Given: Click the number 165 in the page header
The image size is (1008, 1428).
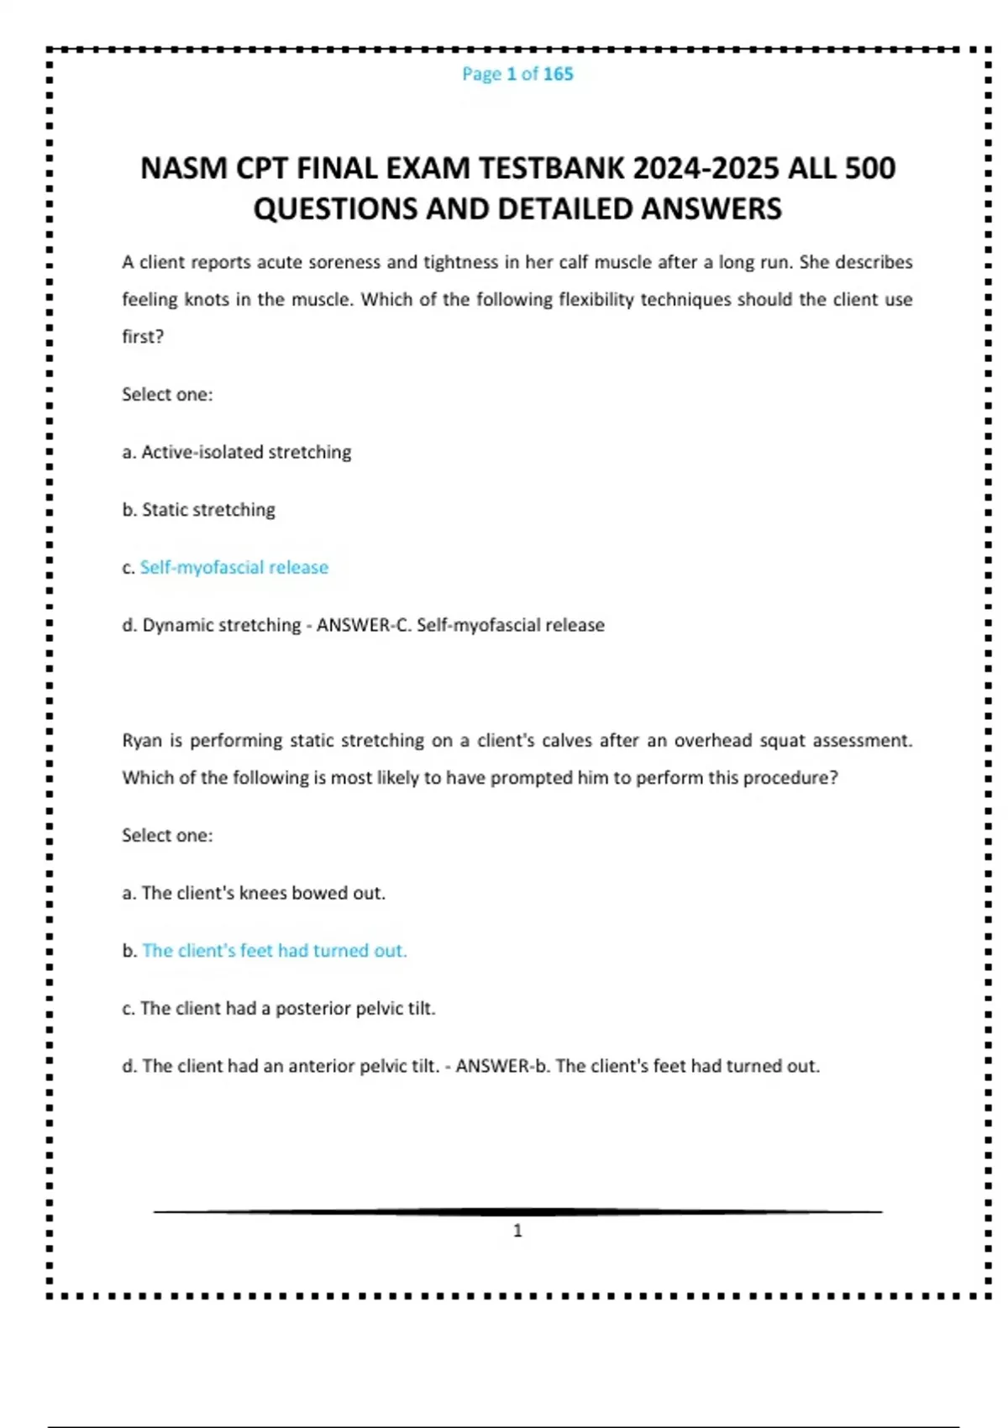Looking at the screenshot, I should [558, 74].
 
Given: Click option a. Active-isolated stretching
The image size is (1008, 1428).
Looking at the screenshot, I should [237, 452].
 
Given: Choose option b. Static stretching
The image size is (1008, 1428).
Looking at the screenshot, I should [199, 510].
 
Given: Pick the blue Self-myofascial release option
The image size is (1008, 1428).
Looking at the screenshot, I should [234, 568].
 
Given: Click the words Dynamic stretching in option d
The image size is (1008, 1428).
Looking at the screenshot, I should [221, 625].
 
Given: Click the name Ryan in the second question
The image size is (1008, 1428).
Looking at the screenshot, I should [142, 741].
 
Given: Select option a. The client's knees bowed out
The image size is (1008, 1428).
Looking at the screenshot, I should [254, 893].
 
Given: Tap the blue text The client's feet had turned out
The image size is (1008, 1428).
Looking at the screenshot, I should [274, 951].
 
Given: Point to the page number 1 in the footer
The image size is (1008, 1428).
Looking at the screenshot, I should [517, 1231].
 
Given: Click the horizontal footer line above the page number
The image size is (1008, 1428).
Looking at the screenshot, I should [517, 1211].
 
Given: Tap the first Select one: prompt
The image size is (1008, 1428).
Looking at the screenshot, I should [167, 395].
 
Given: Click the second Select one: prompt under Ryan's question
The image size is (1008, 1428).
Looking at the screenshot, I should [167, 836].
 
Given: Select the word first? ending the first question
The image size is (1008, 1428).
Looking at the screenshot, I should [143, 337].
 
